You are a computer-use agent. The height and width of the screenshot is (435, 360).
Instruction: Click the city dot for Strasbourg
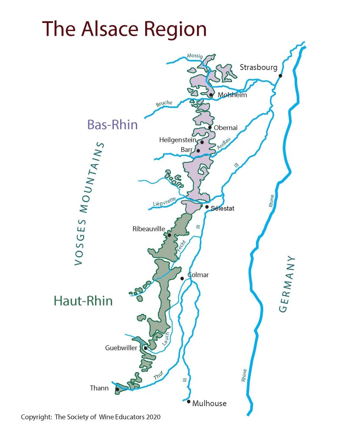click(280, 76)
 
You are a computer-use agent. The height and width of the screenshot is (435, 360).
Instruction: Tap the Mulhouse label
click(209, 403)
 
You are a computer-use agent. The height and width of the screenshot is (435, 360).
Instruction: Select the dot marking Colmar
click(182, 279)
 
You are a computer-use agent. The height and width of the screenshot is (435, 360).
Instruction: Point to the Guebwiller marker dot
click(145, 348)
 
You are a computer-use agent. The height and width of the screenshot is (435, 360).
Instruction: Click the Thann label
click(98, 388)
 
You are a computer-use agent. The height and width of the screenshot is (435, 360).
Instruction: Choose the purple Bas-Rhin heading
click(112, 125)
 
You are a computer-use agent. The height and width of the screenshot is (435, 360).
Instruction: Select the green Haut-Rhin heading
click(83, 301)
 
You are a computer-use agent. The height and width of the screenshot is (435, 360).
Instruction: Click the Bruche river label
click(164, 103)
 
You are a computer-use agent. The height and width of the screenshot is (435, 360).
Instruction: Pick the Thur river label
click(158, 375)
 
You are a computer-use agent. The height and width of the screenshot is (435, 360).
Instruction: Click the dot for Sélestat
click(207, 207)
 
